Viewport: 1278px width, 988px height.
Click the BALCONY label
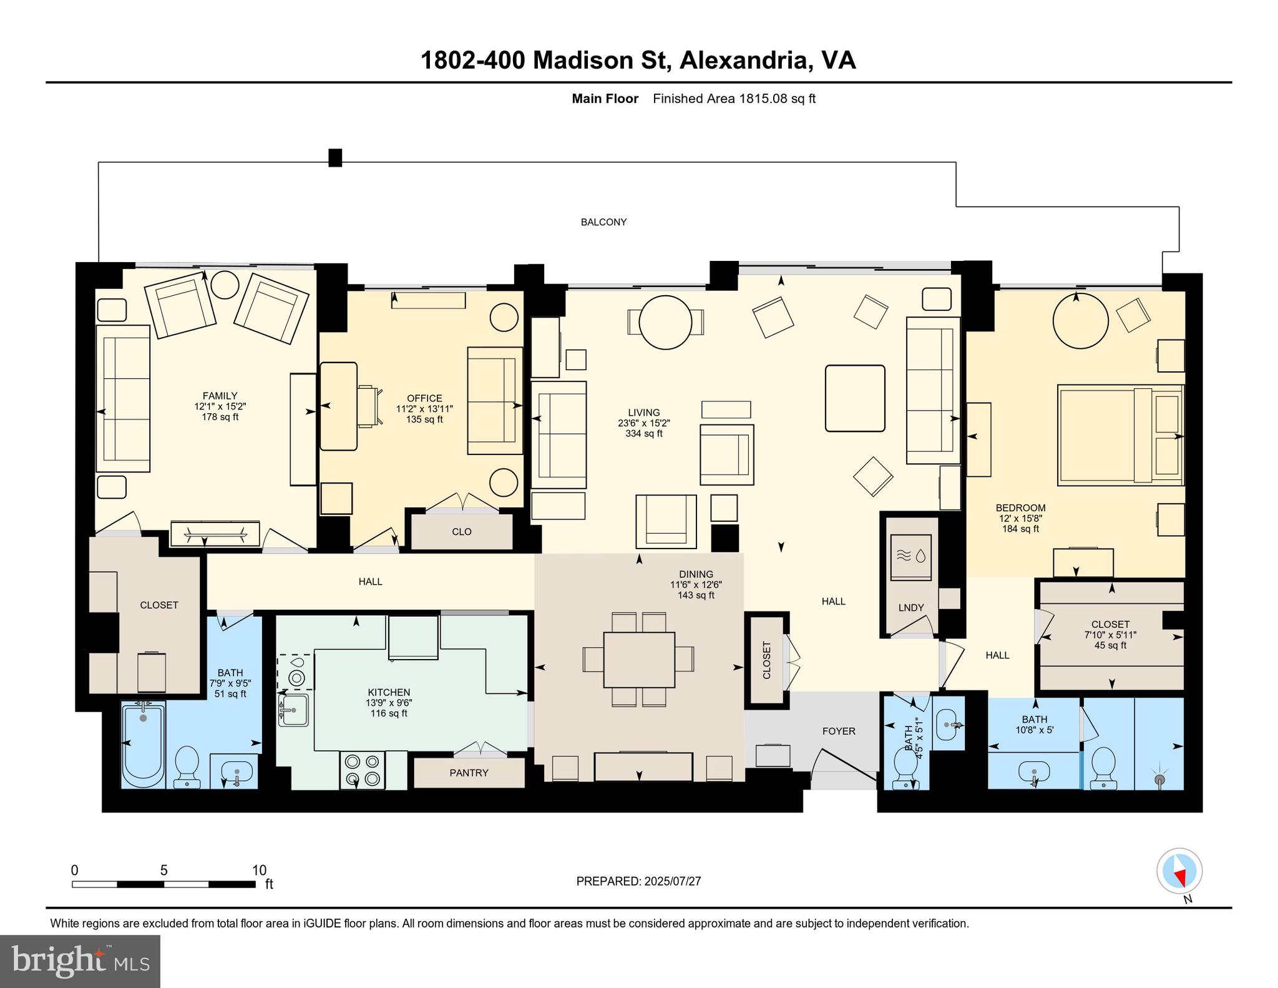tap(603, 222)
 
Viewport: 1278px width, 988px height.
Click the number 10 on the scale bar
tap(259, 870)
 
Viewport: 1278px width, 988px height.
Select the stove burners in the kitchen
tap(362, 770)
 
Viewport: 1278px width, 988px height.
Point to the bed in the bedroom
tap(1119, 435)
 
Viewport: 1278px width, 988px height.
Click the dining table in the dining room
tap(638, 660)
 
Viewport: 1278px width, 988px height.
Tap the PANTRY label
tap(469, 773)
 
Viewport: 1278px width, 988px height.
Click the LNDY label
tap(910, 607)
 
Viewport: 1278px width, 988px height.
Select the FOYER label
tap(838, 731)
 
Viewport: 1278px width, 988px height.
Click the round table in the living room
tap(665, 322)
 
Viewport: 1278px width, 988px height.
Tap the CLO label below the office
tap(461, 532)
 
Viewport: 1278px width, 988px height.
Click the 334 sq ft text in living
tap(643, 433)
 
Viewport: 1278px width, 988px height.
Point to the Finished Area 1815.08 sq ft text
tap(734, 99)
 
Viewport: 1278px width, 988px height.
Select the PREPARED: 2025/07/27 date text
tap(638, 881)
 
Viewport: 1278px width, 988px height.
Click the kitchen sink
tap(293, 710)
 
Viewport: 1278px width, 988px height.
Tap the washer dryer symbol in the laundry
tap(910, 557)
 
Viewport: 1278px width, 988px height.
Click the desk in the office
tap(339, 406)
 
